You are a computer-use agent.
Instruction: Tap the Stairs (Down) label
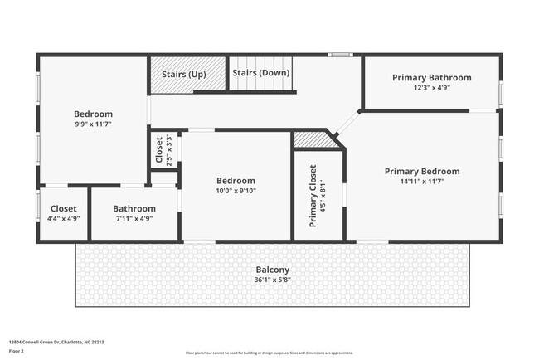click(x=260, y=73)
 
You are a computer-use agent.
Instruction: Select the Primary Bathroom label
click(x=431, y=78)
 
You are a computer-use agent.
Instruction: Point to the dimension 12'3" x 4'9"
click(x=431, y=88)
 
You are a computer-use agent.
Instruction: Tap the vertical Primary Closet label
click(x=313, y=196)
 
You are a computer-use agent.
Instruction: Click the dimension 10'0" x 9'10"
click(x=236, y=191)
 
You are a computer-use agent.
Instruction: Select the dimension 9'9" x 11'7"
click(x=93, y=124)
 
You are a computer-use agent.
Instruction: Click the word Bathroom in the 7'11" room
click(x=134, y=209)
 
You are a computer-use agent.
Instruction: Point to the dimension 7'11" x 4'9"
click(x=134, y=219)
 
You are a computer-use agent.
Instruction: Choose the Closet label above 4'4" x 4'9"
click(x=63, y=209)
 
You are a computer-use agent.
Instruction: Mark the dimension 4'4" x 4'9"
click(x=63, y=219)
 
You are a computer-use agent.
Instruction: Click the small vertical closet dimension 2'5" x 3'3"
click(x=169, y=150)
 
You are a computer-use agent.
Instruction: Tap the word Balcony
click(x=272, y=270)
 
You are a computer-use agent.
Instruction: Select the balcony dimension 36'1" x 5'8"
click(x=272, y=280)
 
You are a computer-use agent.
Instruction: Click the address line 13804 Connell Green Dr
click(x=56, y=342)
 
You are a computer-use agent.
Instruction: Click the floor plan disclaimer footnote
click(x=269, y=353)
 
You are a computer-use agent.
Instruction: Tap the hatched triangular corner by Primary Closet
click(x=312, y=140)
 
